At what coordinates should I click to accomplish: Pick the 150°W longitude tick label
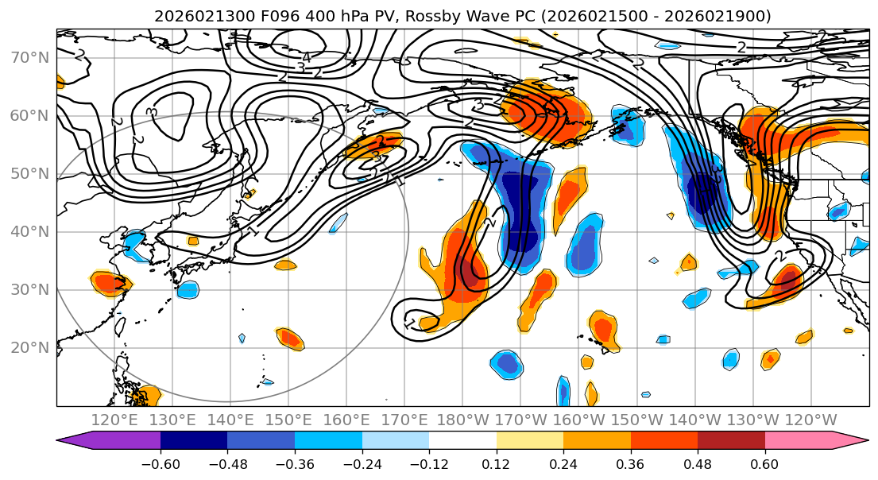point(637,420)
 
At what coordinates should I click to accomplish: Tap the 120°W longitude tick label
point(810,420)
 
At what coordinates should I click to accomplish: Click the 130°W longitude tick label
point(752,420)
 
